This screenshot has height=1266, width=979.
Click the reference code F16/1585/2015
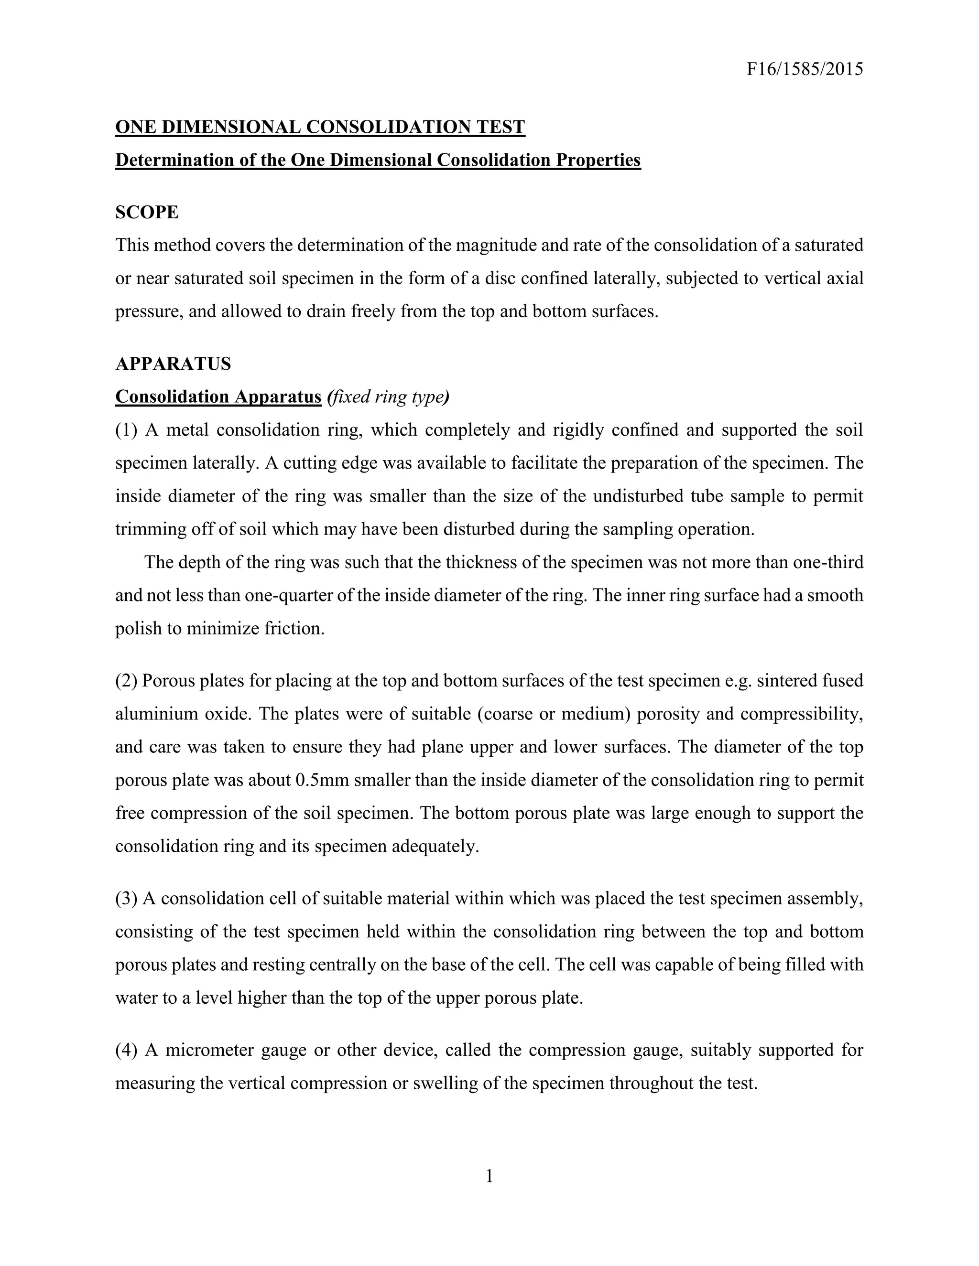[805, 70]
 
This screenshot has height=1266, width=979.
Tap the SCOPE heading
[147, 212]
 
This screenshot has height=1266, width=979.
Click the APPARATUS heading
[173, 364]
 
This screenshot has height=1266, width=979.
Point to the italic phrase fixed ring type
[388, 397]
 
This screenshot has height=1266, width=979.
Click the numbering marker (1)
[126, 430]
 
